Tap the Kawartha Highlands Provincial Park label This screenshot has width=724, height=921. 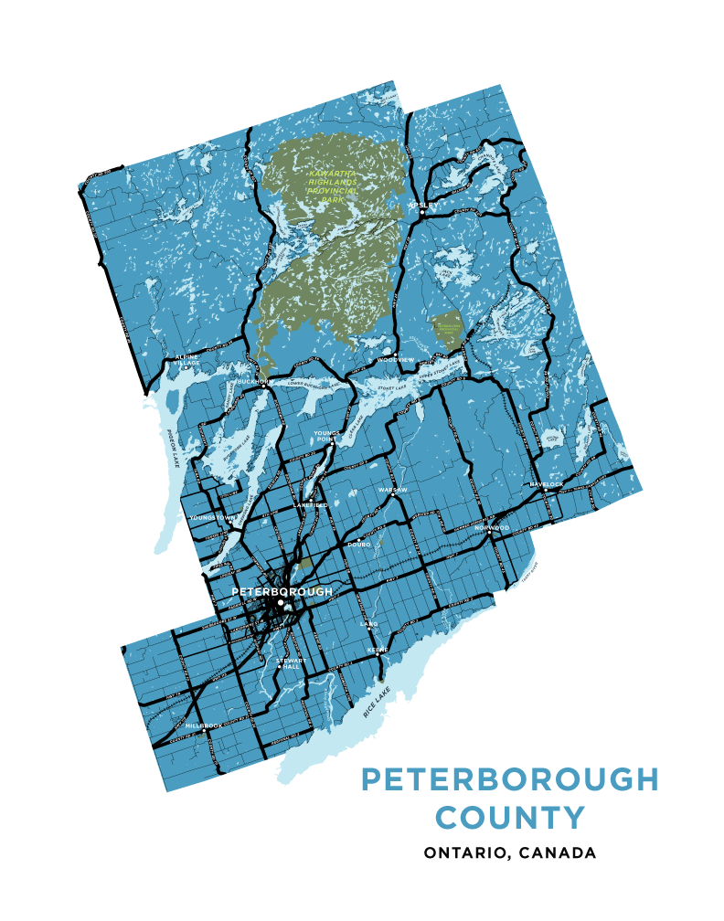coord(333,185)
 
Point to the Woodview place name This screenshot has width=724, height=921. coord(395,360)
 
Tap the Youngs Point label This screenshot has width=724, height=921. coord(326,436)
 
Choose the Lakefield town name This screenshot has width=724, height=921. coord(310,504)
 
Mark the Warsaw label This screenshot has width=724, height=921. coord(392,490)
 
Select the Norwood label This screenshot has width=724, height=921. coord(492,527)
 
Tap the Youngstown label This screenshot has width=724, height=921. coord(212,518)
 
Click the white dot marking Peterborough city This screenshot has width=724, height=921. coord(281,602)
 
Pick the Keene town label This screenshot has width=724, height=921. coord(378,650)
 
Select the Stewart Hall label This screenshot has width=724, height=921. coord(291,664)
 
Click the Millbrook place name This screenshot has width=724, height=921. coord(203,725)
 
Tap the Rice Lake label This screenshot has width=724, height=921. coord(377,700)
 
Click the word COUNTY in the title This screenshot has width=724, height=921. coord(509,816)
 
